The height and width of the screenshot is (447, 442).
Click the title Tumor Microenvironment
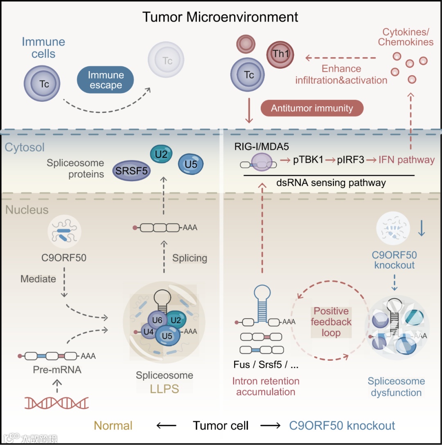point(220,17)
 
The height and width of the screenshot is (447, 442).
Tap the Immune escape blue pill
point(105,80)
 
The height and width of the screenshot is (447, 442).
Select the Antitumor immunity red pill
point(312,108)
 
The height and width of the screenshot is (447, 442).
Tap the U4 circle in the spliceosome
point(149,332)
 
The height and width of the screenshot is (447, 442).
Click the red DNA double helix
point(56,403)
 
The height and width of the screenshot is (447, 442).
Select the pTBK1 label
point(308,160)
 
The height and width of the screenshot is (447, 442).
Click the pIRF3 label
point(351,160)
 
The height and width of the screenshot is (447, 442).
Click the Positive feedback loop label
point(331,322)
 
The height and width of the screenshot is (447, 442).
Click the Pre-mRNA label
point(57,370)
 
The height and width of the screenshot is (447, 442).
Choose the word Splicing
point(189,258)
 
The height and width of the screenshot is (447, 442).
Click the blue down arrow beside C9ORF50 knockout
point(422,228)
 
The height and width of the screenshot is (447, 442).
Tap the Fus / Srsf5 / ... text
point(266,365)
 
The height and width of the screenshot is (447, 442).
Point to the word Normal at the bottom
point(113,426)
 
